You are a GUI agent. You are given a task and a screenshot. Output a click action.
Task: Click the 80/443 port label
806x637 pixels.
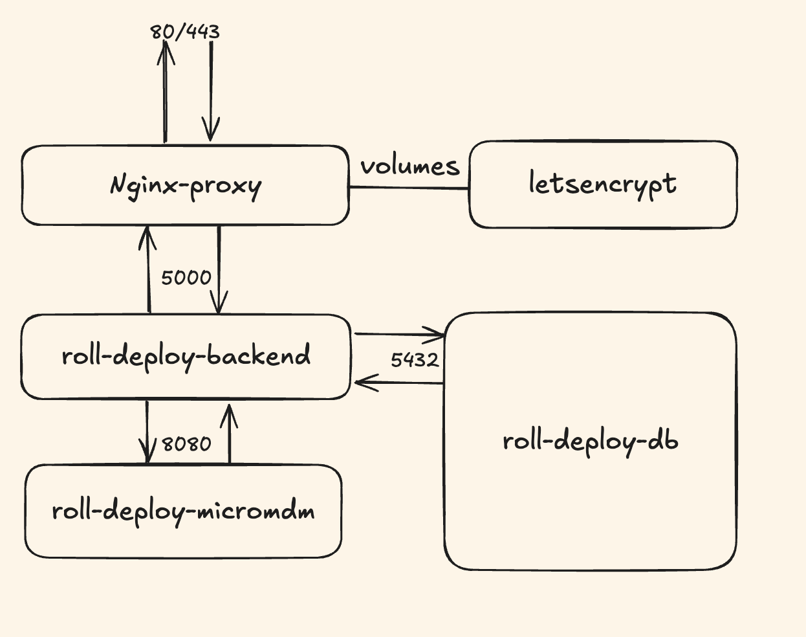tap(185, 31)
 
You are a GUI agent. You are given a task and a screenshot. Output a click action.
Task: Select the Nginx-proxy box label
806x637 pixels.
tap(186, 186)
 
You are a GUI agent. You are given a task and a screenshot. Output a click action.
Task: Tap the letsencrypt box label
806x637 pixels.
tap(602, 184)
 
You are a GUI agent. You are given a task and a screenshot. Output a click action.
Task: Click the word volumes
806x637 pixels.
tap(410, 166)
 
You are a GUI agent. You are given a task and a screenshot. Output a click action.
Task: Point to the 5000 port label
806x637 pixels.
tap(186, 278)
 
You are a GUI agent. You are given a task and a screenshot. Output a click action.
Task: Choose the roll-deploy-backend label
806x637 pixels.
tap(186, 356)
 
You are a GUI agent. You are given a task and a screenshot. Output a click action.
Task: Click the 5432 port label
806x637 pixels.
tap(415, 359)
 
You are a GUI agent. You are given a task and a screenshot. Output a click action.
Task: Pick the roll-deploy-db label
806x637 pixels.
tap(590, 441)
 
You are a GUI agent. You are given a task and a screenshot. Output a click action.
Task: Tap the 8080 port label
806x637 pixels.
tap(186, 444)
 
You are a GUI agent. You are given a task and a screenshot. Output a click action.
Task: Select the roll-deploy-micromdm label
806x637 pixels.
tap(183, 511)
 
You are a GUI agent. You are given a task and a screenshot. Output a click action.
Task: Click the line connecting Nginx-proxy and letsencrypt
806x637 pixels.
tap(409, 188)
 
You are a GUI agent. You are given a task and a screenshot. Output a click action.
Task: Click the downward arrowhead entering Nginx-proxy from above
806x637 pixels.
tap(210, 131)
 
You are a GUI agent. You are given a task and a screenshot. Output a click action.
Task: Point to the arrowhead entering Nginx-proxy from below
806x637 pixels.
tap(148, 236)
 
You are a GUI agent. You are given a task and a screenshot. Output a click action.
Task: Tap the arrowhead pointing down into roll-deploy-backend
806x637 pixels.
tap(219, 304)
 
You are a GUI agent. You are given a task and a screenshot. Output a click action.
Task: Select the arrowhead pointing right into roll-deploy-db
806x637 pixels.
tap(435, 335)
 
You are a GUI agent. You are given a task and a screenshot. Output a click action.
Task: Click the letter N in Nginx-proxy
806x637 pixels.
tap(118, 185)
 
